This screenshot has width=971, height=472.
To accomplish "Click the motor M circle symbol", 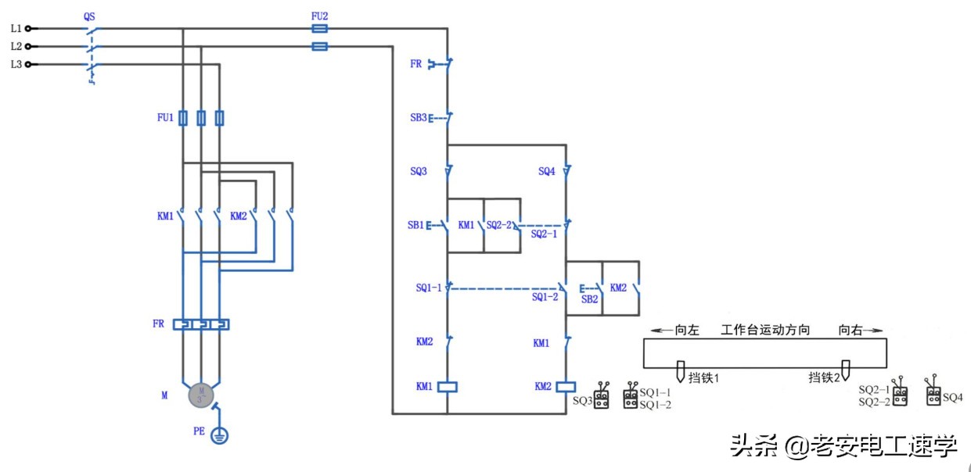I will pyautogui.click(x=201, y=395).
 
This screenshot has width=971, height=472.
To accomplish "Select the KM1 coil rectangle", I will pyautogui.click(x=446, y=386).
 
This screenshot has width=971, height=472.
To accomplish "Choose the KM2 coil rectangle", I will pyautogui.click(x=566, y=386).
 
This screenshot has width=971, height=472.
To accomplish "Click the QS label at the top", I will pyautogui.click(x=90, y=16).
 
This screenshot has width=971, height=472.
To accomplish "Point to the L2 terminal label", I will pyautogui.click(x=16, y=46).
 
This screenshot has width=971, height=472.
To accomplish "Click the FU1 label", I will pyautogui.click(x=164, y=118).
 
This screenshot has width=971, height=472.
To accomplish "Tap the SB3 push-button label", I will pyautogui.click(x=419, y=118).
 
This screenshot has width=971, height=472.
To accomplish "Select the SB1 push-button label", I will pyautogui.click(x=415, y=225).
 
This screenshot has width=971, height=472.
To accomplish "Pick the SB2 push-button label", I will pyautogui.click(x=589, y=299).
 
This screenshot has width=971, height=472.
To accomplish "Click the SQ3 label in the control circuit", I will pyautogui.click(x=419, y=171).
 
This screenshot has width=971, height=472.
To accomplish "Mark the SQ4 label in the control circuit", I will pyautogui.click(x=547, y=171).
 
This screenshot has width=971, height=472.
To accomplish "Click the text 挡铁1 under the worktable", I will pyautogui.click(x=703, y=377).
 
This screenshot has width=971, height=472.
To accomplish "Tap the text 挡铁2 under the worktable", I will pyautogui.click(x=824, y=377).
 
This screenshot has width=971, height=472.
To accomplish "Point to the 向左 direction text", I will pyautogui.click(x=686, y=330).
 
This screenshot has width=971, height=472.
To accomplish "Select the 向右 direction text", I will pyautogui.click(x=851, y=330).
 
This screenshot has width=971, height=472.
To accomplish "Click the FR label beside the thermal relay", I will pyautogui.click(x=159, y=324).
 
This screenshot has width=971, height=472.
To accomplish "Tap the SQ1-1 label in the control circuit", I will pyautogui.click(x=430, y=288).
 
